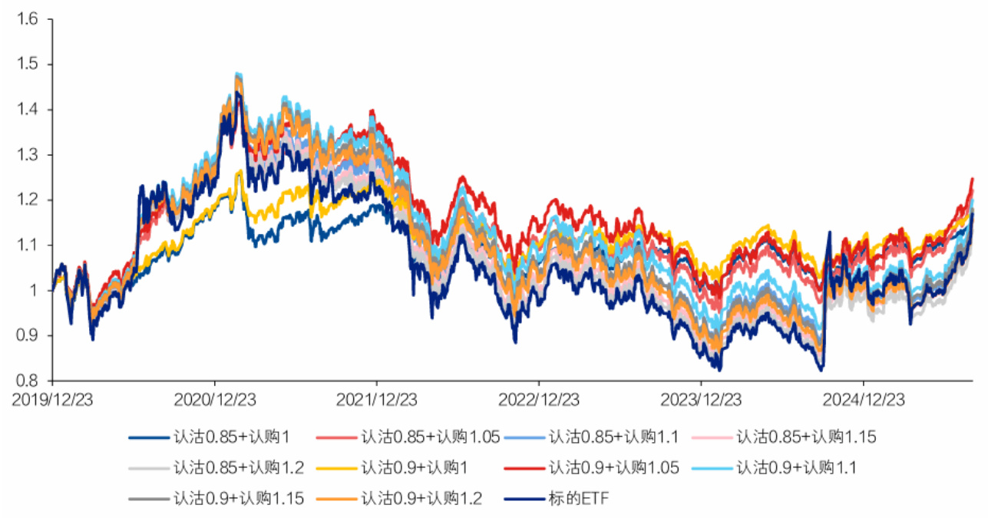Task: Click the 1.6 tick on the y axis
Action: [27, 19]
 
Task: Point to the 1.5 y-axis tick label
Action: [27, 64]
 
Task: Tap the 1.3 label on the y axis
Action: [27, 155]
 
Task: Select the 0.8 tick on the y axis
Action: [27, 381]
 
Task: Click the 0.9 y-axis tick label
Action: [27, 335]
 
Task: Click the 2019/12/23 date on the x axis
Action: [53, 401]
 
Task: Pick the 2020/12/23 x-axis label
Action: [215, 401]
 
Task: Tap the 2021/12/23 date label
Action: [377, 401]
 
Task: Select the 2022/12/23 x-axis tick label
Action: [539, 401]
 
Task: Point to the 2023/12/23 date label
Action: [701, 401]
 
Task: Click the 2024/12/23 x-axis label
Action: [864, 401]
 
